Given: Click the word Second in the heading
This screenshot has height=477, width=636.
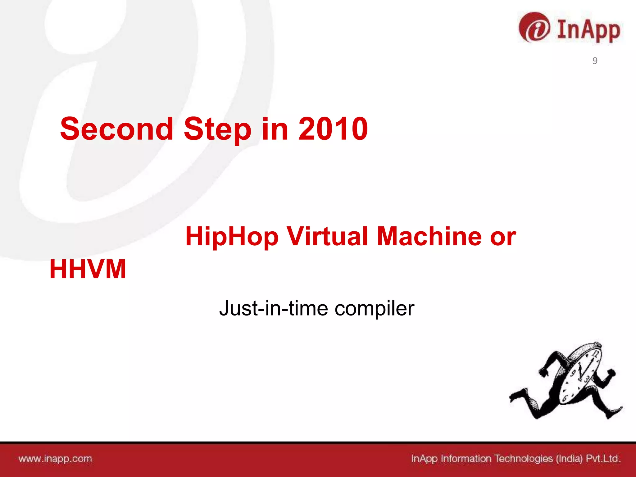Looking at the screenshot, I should (x=116, y=129).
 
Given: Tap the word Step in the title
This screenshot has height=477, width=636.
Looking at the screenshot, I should (x=217, y=129).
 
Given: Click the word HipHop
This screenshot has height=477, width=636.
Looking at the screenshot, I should (x=232, y=237).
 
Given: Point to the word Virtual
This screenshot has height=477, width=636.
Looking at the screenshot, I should (x=327, y=237).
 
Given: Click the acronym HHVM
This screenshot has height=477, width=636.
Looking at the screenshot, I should (x=88, y=270).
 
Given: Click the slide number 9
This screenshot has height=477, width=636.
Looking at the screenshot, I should (x=595, y=61).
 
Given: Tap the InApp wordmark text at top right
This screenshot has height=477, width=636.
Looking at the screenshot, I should (x=588, y=30).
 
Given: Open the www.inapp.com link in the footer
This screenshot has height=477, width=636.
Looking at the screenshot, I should (x=55, y=459).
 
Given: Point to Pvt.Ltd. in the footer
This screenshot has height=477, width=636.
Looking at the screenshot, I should (x=603, y=459).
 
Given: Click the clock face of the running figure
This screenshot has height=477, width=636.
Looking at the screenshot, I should (x=579, y=376).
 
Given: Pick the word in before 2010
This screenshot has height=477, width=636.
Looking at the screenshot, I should (x=275, y=129).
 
